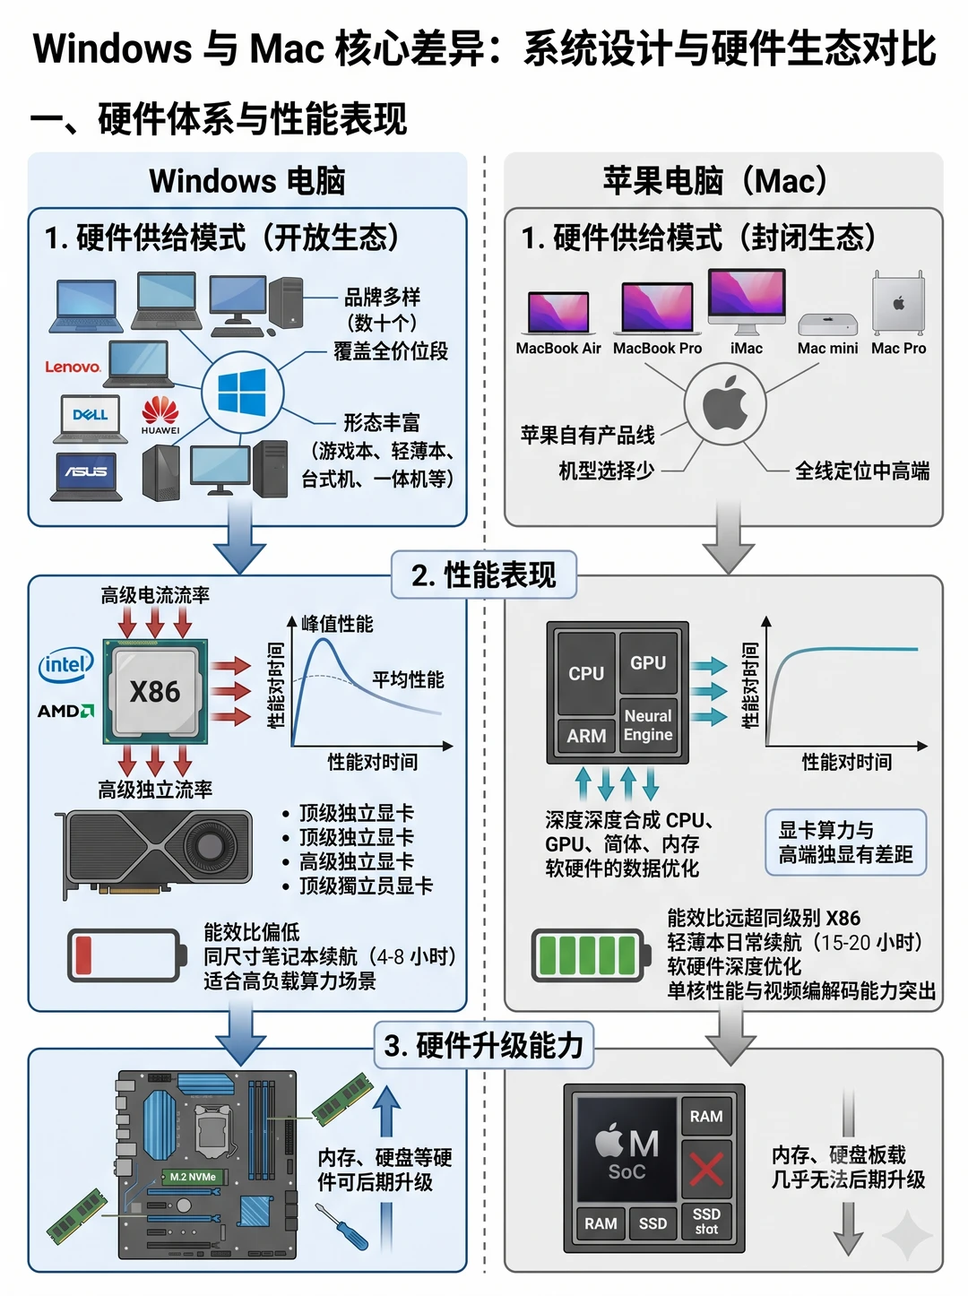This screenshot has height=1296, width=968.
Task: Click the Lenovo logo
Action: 73,367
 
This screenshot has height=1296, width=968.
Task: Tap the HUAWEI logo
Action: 160,416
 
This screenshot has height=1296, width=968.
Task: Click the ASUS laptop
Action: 86,476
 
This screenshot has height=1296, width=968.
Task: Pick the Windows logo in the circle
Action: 242,393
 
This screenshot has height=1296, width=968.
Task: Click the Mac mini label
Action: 827,349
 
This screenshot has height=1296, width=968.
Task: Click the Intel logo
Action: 66,665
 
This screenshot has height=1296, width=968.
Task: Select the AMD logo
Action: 65,711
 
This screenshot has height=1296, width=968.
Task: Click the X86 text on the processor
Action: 155,691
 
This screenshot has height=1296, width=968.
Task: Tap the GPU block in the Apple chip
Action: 648,663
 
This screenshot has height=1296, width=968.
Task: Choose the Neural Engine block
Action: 648,725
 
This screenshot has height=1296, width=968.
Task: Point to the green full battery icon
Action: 591,955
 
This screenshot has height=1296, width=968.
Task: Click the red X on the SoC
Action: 706,1169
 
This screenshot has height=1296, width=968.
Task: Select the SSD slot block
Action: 706,1222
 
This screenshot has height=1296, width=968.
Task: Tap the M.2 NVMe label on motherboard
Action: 193,1178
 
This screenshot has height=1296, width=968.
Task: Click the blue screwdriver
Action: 341,1226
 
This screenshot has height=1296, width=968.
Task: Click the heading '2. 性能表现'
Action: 483,575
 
